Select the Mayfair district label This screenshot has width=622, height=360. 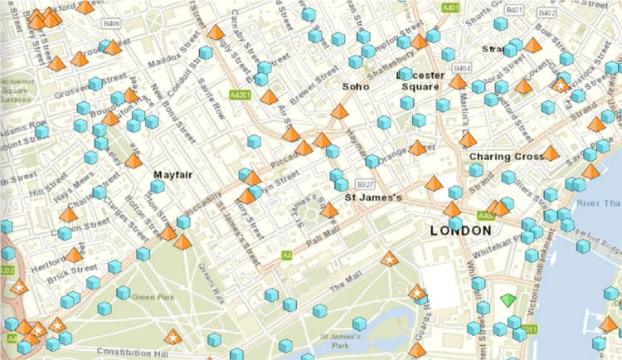pyautogui.click(x=173, y=175)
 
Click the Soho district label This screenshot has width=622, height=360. pyautogui.click(x=357, y=85)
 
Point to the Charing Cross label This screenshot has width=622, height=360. pyautogui.click(x=505, y=156)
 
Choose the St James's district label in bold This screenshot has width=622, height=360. pyautogui.click(x=373, y=198)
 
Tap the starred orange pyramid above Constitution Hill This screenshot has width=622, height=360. pyautogui.click(x=172, y=336)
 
